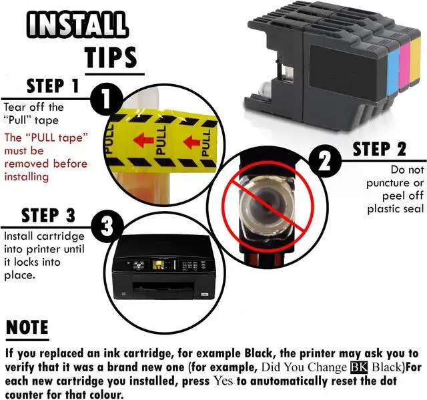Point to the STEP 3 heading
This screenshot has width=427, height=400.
pos(48,215)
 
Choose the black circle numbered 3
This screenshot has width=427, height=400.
pos(106,228)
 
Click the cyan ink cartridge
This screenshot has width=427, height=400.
pos(392,70)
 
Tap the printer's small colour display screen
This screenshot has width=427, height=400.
pos(159,264)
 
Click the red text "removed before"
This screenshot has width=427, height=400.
pos(45,164)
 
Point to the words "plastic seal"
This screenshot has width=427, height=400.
pos(395,209)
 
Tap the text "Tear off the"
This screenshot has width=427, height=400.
pos(33,107)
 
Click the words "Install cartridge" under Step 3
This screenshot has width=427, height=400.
pos(44,236)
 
